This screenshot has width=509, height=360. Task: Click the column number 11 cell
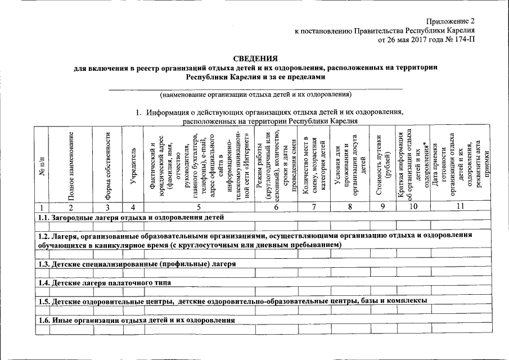[460, 207]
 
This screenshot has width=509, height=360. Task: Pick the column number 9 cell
[382, 207]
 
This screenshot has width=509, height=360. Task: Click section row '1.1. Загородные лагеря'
[130, 217]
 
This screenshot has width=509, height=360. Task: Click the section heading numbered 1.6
[136, 320]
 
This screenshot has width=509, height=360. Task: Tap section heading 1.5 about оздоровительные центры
[233, 301]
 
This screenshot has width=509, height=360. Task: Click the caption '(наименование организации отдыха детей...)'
[255, 94]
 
